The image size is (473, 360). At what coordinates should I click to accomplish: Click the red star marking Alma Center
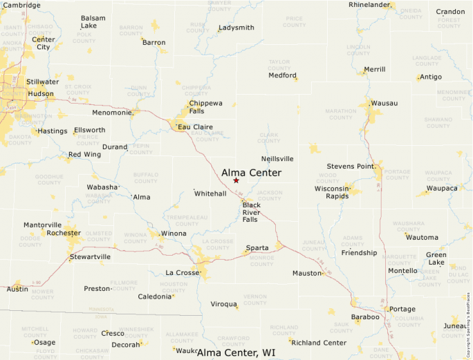click(236, 180)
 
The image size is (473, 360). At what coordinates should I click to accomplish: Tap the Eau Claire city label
click(194, 127)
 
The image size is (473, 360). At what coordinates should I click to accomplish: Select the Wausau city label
click(384, 103)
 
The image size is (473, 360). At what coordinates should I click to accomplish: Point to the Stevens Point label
click(351, 166)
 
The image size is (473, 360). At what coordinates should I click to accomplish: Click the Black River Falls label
click(251, 212)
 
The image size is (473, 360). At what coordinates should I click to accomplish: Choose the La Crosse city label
click(183, 273)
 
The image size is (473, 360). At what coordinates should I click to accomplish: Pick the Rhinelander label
click(370, 5)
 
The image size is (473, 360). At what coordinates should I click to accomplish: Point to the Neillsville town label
click(277, 158)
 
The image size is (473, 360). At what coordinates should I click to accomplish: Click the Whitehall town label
click(210, 193)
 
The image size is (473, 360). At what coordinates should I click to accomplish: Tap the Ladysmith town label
click(236, 28)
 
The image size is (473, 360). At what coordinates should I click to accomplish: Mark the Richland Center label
click(319, 343)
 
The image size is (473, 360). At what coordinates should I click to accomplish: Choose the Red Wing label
click(84, 154)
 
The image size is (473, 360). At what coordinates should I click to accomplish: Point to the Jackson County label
click(269, 196)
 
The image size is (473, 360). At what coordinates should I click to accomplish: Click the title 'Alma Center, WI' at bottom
click(236, 352)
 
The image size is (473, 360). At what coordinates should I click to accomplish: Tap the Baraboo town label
click(365, 317)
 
